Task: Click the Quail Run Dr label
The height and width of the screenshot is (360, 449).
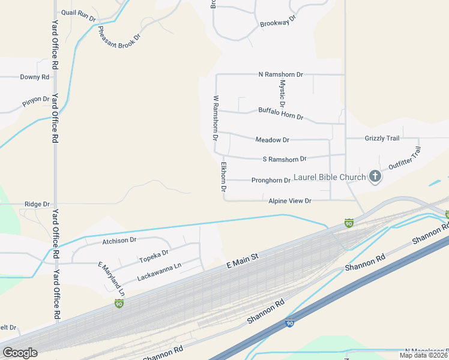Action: [x=78, y=15]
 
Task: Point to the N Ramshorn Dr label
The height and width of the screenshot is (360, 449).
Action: [x=280, y=74]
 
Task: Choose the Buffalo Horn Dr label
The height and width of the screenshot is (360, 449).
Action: [x=280, y=113]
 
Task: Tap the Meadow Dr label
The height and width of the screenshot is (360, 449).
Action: [x=272, y=140]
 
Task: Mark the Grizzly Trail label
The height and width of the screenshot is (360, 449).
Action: [x=382, y=139]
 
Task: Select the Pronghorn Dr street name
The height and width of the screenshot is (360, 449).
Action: [x=271, y=180]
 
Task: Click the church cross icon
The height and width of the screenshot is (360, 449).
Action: [x=375, y=176]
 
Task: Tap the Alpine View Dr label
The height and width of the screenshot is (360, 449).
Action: [x=290, y=201]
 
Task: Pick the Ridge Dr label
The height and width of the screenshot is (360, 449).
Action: [x=37, y=204]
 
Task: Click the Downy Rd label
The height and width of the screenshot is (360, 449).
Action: [x=34, y=77]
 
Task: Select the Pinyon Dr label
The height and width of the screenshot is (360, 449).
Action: [x=37, y=99]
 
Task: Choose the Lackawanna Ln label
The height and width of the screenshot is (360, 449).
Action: [x=159, y=273]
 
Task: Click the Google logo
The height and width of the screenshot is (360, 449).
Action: [x=20, y=352]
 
